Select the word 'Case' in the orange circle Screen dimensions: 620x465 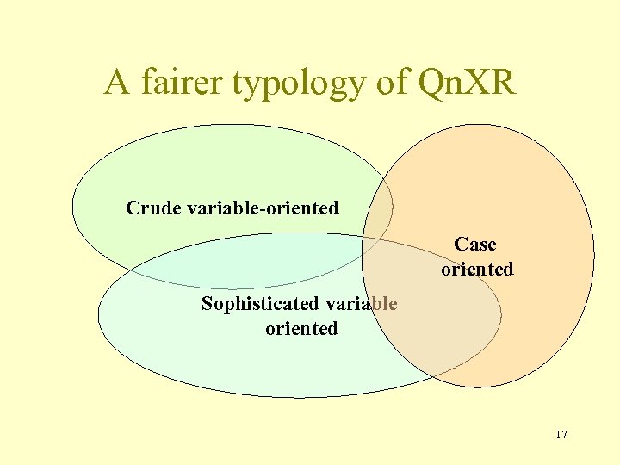[x=475, y=245]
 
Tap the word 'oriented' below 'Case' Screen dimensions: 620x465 [x=477, y=269]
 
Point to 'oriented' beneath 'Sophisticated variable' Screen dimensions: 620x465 [x=301, y=328]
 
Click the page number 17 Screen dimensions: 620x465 [x=561, y=434]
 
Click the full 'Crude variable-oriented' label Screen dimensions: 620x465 [x=232, y=208]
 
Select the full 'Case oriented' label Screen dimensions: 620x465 [x=477, y=257]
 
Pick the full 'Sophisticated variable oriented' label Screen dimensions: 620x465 [x=300, y=315]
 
